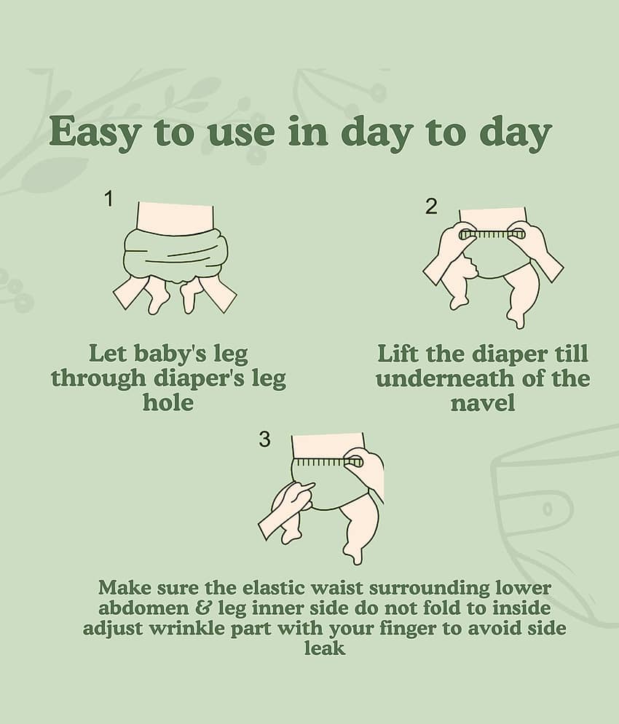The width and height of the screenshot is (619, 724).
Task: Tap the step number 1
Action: tap(109, 199)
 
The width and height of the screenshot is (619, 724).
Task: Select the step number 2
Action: tap(431, 207)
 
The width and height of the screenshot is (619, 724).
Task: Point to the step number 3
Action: tap(264, 439)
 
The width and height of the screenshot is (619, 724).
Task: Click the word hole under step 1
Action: tap(167, 402)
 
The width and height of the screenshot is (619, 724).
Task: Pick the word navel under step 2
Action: tap(483, 402)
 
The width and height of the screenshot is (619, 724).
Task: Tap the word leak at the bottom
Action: tap(325, 648)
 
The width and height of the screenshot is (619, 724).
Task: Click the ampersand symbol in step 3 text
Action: tap(202, 608)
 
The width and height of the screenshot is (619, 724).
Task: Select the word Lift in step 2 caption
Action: tap(398, 354)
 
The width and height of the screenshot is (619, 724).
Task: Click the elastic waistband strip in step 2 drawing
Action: tap(492, 234)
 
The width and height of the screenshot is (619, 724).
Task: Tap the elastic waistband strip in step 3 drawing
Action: tap(329, 461)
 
